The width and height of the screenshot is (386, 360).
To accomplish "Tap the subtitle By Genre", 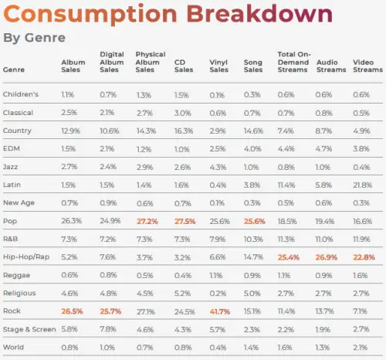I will (34, 37).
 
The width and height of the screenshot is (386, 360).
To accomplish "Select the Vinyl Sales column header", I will (218, 65).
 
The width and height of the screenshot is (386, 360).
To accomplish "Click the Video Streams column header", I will (364, 65).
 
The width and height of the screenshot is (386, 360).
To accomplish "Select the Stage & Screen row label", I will (29, 329).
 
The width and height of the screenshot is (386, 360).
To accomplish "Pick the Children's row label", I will (21, 93).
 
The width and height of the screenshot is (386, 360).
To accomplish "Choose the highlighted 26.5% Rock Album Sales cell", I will (73, 311).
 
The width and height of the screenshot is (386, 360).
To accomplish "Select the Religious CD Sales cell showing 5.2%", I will (182, 293).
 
